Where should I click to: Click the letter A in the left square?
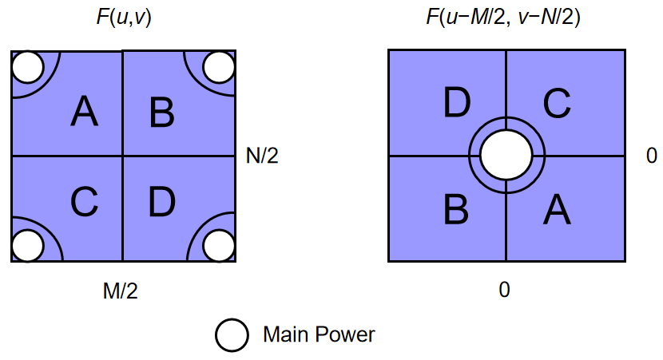(x=84, y=111)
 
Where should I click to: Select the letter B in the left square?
(x=162, y=113)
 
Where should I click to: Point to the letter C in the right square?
(x=556, y=103)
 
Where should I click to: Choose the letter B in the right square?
(x=455, y=209)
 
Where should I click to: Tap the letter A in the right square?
(x=556, y=209)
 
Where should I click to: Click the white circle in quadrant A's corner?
(x=27, y=68)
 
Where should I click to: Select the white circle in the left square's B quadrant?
(x=218, y=68)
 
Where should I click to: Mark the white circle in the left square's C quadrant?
(x=27, y=245)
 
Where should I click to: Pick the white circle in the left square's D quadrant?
(x=218, y=245)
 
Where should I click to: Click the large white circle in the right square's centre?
(x=506, y=156)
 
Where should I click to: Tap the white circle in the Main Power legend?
(x=232, y=334)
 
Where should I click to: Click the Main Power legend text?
(x=319, y=334)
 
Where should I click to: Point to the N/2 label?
(x=263, y=156)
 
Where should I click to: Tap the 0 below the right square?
(x=504, y=290)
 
